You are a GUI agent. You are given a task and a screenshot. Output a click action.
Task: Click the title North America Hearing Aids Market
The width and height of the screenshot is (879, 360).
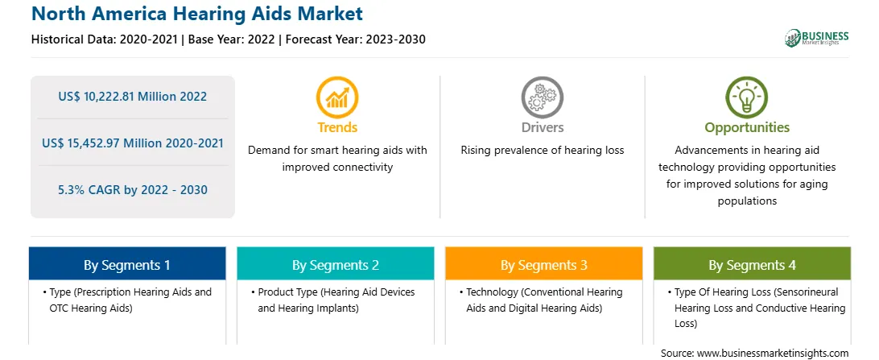click(x=197, y=14)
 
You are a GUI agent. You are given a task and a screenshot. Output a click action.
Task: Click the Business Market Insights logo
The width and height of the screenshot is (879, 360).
click(x=816, y=38)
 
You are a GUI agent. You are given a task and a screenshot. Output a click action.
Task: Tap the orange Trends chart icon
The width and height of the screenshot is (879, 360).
click(x=337, y=97)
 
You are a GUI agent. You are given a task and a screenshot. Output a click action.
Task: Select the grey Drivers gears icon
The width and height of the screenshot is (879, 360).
click(x=542, y=97)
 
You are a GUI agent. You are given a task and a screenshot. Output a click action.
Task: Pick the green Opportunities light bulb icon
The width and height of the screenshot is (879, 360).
click(x=747, y=97)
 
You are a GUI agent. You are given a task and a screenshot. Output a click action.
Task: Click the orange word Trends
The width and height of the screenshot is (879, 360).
click(x=337, y=127)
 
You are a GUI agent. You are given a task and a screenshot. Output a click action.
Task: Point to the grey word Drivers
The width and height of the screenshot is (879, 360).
click(x=542, y=127)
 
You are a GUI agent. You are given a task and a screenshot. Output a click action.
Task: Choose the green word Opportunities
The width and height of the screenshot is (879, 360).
click(x=747, y=128)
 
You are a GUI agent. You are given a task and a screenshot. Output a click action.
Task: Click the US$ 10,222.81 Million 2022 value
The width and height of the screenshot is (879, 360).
click(x=132, y=97)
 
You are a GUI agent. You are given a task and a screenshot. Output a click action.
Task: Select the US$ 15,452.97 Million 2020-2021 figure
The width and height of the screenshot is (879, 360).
click(x=132, y=143)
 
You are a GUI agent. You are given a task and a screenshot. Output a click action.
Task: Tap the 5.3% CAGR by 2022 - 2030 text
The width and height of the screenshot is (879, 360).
click(x=132, y=190)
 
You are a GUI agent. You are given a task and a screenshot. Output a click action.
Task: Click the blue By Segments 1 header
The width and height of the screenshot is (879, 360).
click(x=127, y=265)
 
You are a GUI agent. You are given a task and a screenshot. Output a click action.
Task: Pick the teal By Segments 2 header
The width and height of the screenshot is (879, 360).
click(x=335, y=265)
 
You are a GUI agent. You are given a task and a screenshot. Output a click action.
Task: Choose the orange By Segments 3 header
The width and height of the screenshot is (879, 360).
click(x=544, y=265)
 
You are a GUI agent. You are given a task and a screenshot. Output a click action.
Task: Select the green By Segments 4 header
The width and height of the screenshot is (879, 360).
click(x=753, y=265)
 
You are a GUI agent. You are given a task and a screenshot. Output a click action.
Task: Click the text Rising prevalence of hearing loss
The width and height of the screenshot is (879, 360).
click(x=542, y=151)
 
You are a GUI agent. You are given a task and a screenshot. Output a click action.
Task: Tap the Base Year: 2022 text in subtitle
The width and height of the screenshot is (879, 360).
click(x=232, y=39)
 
